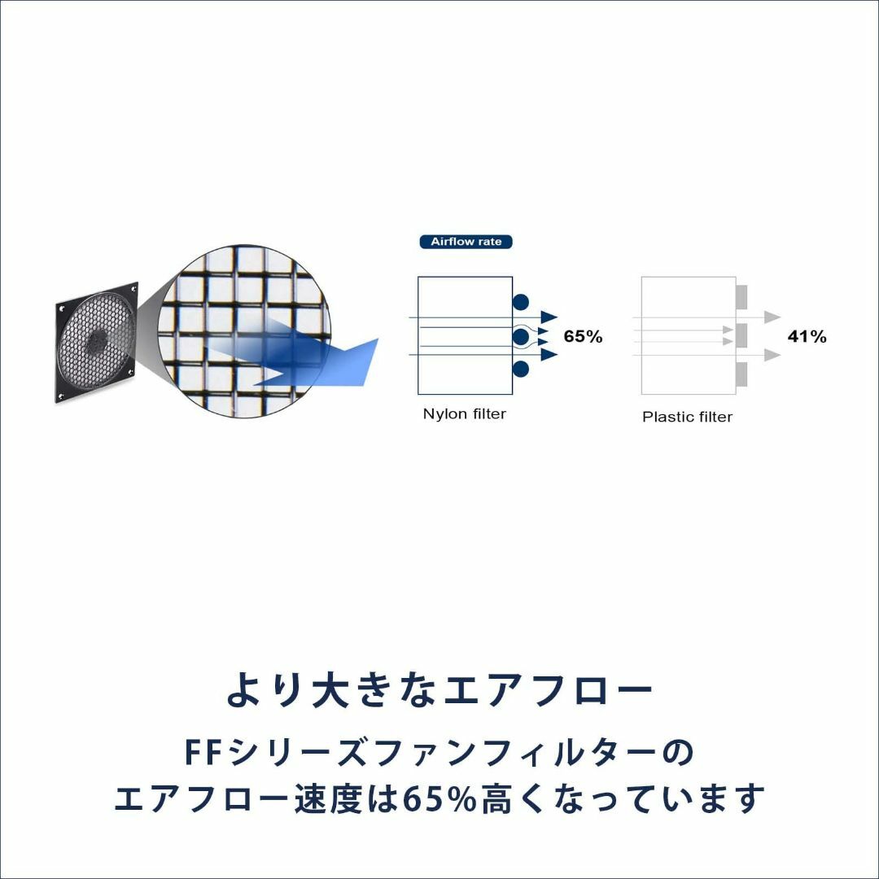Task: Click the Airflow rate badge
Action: (x=466, y=242)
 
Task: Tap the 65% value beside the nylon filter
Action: (x=583, y=336)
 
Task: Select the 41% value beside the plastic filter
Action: (x=807, y=336)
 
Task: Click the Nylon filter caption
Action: (x=464, y=413)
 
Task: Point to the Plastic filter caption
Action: (x=687, y=417)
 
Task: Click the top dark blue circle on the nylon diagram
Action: (x=521, y=303)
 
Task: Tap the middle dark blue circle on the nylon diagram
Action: (x=521, y=337)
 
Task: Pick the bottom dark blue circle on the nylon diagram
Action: (x=521, y=369)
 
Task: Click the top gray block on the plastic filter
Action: (x=741, y=297)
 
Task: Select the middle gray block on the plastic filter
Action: (x=741, y=335)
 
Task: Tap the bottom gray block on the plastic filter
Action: (x=741, y=374)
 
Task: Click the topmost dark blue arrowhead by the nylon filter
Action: (x=549, y=317)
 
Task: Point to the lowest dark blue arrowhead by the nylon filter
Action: (x=549, y=354)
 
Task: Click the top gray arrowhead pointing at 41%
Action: (x=773, y=317)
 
